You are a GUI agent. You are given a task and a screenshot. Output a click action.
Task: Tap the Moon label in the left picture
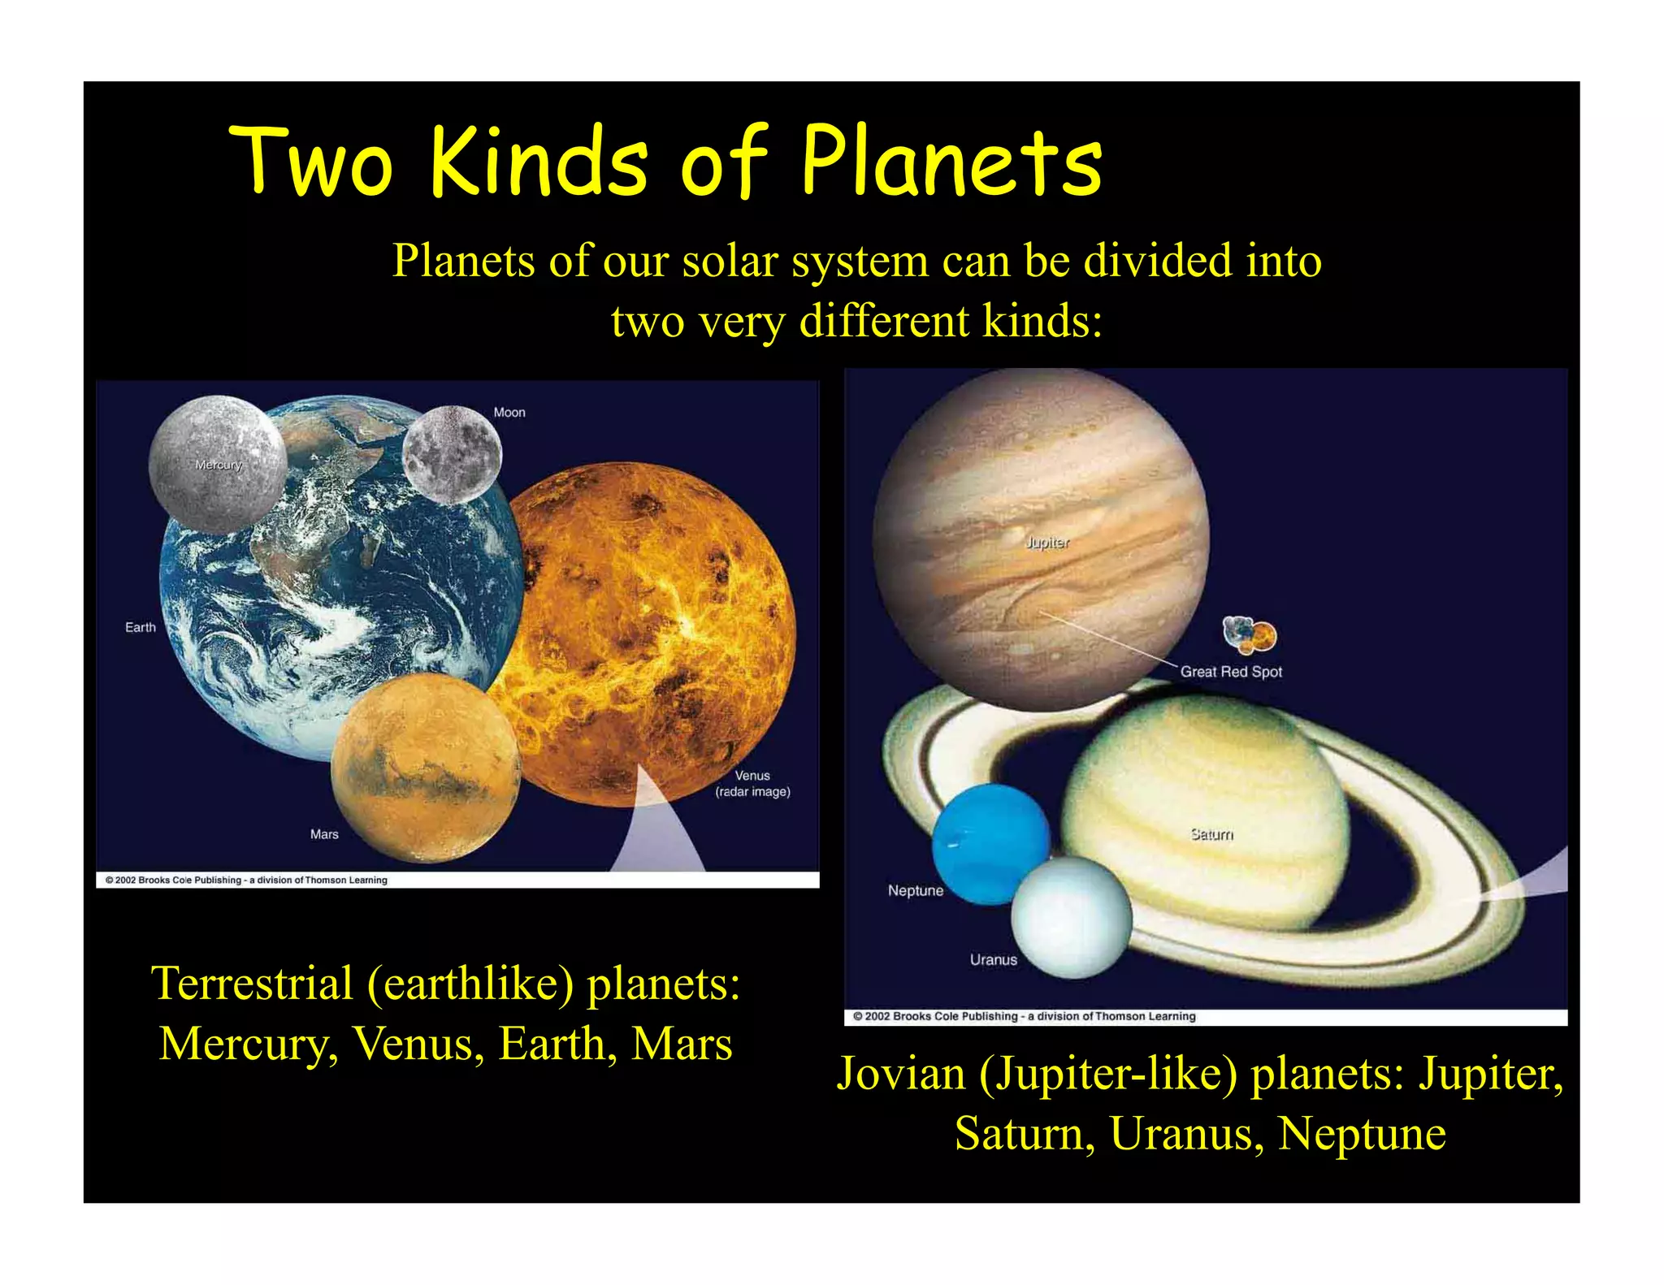[x=509, y=413]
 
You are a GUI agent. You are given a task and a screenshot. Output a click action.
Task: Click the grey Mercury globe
[x=218, y=464]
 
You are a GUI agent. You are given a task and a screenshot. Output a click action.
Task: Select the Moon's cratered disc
[x=452, y=453]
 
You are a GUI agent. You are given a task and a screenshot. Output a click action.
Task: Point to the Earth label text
[x=141, y=627]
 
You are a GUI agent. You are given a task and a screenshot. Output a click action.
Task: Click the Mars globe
[x=425, y=768]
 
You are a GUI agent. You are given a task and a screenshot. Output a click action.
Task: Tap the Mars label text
[x=324, y=834]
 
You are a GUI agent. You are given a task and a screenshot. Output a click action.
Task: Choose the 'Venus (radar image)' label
[x=752, y=784]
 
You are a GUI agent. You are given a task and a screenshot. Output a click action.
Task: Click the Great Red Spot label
[x=1231, y=672]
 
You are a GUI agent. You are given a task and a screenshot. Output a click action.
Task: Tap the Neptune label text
[x=916, y=890]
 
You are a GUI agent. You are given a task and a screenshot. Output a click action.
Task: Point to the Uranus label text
[x=993, y=960]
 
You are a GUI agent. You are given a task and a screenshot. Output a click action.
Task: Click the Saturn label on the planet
[x=1211, y=834]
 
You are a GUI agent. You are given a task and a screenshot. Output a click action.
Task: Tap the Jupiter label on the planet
[x=1047, y=543]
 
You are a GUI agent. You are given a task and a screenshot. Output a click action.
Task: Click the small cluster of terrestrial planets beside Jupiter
[x=1250, y=635]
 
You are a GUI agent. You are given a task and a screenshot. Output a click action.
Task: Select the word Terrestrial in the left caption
[x=252, y=984]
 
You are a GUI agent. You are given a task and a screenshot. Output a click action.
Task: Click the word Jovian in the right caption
[x=901, y=1073]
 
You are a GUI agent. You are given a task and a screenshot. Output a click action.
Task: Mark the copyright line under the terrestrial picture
[x=247, y=880]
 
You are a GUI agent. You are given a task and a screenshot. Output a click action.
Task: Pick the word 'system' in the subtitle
[x=860, y=262]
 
